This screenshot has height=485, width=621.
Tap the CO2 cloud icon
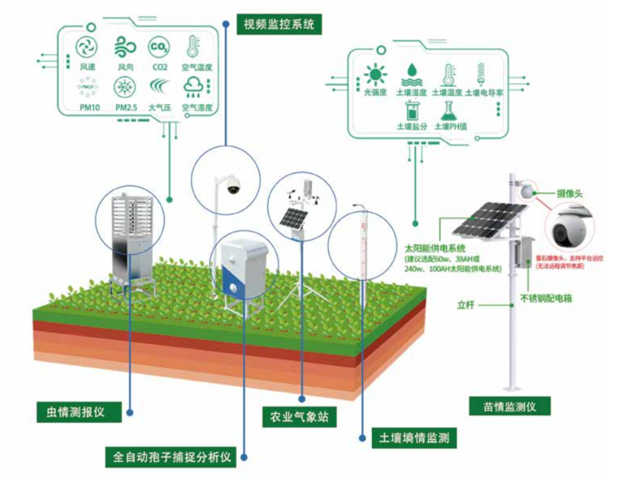[x=158, y=48]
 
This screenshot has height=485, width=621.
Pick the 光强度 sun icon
[x=375, y=74]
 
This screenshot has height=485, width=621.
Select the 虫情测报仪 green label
[x=71, y=412]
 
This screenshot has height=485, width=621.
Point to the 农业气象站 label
[x=298, y=417]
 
